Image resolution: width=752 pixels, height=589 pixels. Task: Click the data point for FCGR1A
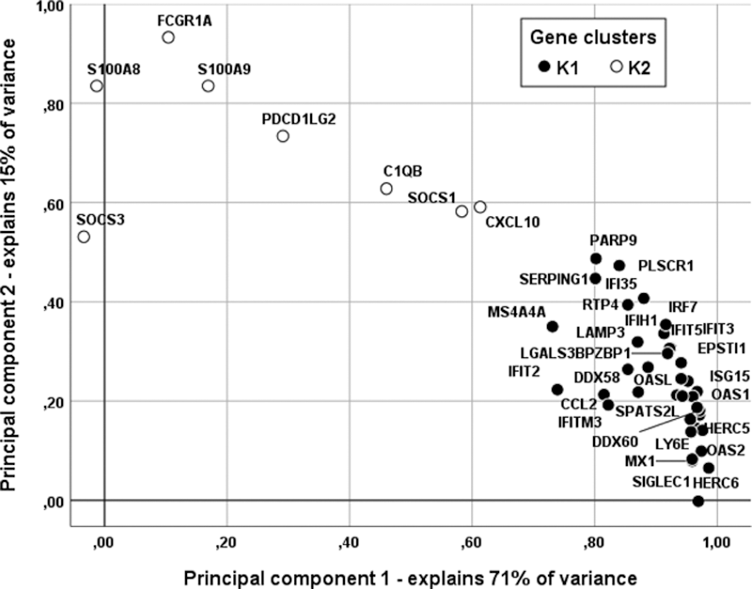(x=168, y=38)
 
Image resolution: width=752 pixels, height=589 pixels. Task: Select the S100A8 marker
(x=96, y=86)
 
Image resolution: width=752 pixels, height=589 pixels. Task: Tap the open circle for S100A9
(x=209, y=86)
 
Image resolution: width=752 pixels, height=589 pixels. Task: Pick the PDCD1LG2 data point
(x=283, y=136)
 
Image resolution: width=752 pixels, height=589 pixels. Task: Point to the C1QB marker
(x=386, y=189)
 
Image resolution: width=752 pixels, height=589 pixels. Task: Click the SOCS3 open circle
(x=84, y=237)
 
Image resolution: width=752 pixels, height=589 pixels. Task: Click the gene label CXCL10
(x=512, y=223)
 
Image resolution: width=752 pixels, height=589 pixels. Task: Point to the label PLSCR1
(x=666, y=266)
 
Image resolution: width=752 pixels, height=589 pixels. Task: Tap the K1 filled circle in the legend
(x=541, y=66)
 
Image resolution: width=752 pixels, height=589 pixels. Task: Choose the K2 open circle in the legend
(x=617, y=66)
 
